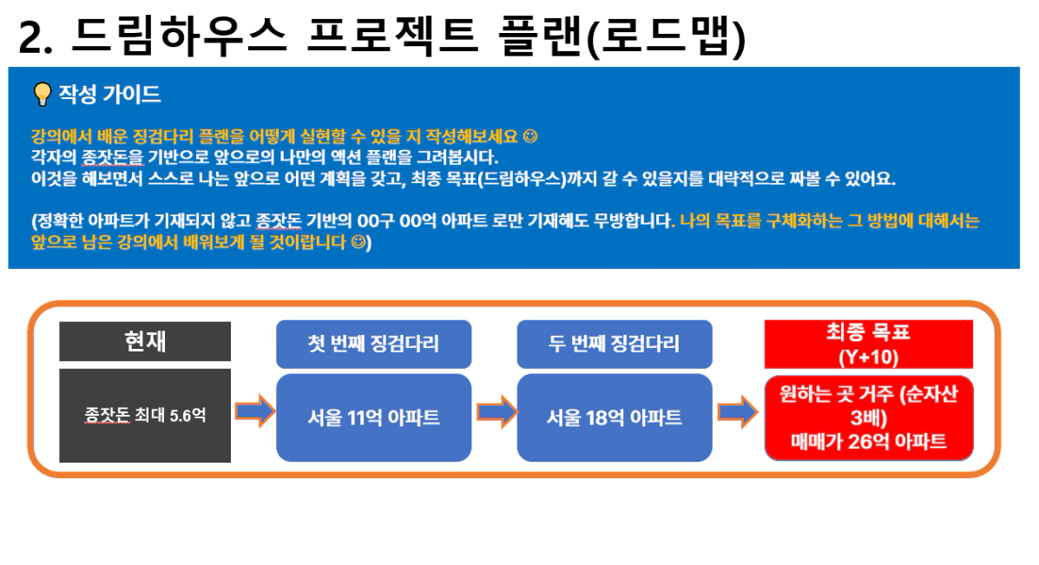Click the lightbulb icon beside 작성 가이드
(42, 94)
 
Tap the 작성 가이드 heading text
(109, 94)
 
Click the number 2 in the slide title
(30, 38)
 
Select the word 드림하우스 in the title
(179, 35)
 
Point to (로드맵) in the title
(667, 36)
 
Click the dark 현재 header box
(145, 341)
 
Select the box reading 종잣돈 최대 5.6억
(145, 416)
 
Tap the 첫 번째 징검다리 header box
(374, 344)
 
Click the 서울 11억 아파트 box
(374, 417)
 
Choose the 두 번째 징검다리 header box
(615, 344)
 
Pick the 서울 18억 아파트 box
(615, 417)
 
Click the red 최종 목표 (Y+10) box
(869, 344)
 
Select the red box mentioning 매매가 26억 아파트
(869, 418)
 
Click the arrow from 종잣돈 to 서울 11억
(254, 411)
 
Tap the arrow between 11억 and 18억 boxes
(496, 411)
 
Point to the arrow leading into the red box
(738, 411)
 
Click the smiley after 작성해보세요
(530, 135)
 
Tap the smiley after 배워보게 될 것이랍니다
(358, 242)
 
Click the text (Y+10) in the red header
(869, 357)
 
